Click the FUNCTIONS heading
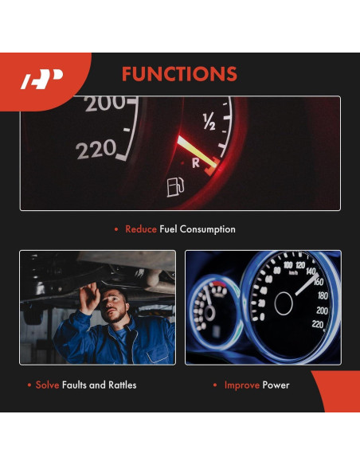point(179,75)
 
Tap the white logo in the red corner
point(41,80)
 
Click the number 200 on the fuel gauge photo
point(106,103)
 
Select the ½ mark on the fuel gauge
point(209,122)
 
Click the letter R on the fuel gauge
point(196,162)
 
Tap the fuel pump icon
point(174,188)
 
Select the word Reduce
point(140,229)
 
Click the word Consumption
point(208,229)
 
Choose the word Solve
point(48,385)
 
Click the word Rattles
point(120,385)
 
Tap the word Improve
point(242,385)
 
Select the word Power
point(276,385)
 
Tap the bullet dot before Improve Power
point(215,385)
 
